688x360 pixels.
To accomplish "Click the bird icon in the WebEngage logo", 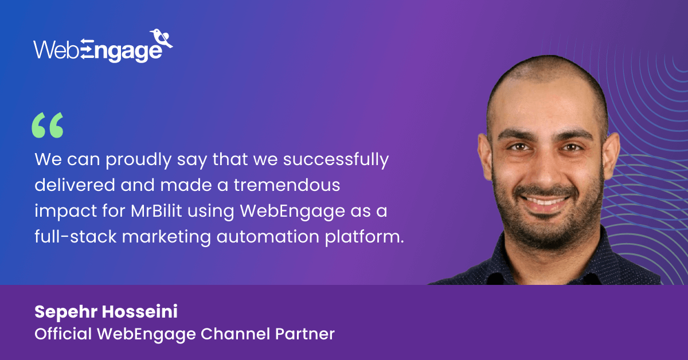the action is pos(161,38).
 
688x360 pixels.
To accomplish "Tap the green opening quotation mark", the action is pos(48,125).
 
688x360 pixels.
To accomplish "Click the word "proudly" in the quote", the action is pos(139,160).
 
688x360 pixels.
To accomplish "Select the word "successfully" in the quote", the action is pos(336,160).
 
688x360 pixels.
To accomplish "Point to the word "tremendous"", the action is pos(287,185).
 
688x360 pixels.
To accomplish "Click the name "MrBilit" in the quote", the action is pos(157,211).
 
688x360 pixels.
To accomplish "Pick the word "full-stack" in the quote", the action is pos(76,237).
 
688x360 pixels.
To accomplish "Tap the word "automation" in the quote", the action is pos(268,237).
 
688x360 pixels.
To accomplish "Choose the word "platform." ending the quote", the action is pos(364,237).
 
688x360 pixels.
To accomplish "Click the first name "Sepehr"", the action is pos(66,312).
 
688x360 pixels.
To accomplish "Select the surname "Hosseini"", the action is pos(140,311).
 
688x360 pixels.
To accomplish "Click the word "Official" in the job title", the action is pos(63,334).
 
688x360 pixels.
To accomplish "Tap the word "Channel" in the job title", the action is pos(235,334).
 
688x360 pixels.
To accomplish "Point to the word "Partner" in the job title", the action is pos(304,334).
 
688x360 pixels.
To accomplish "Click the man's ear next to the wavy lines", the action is pos(612,156).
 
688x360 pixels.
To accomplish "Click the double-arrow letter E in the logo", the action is pos(87,49).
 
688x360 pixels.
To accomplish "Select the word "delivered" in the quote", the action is pos(75,185).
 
